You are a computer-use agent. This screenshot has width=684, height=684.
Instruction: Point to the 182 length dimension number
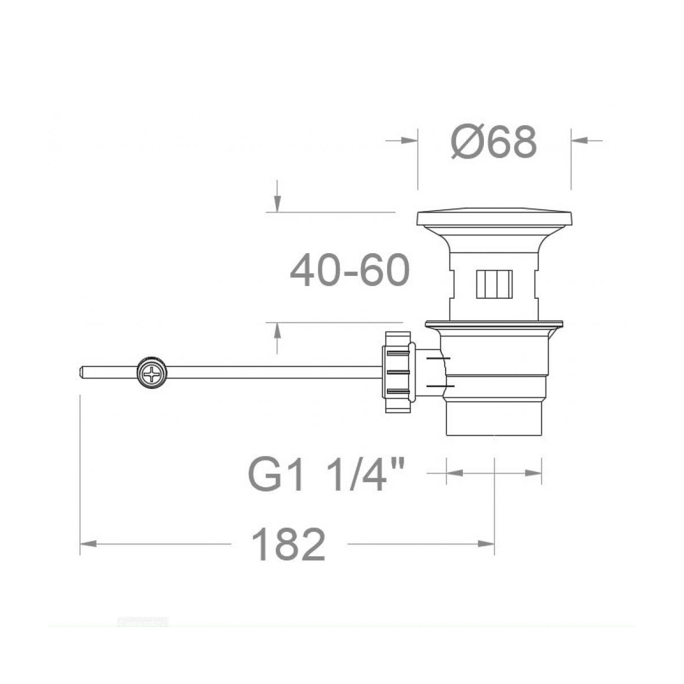290,544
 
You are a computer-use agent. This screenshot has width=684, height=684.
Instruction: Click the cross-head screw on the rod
152,374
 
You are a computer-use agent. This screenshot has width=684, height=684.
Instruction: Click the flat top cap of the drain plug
494,219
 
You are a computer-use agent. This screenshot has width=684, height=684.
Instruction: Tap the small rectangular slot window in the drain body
494,283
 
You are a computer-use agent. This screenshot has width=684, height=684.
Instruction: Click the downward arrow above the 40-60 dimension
277,202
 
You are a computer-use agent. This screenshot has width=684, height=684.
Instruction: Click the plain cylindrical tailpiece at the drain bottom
494,419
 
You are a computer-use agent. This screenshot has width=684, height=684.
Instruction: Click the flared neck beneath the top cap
494,239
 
